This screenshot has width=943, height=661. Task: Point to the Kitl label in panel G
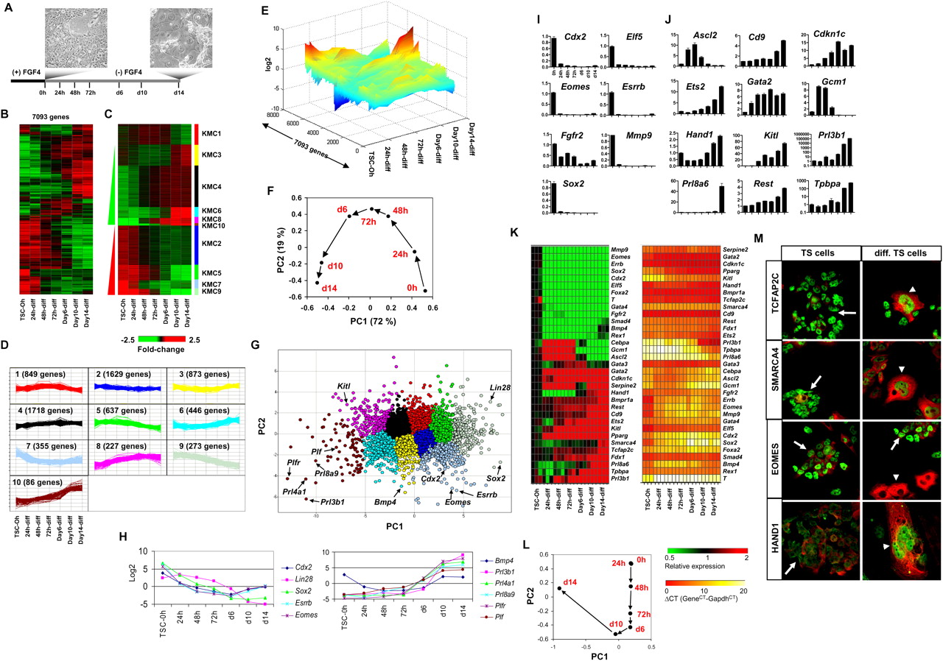345,386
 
